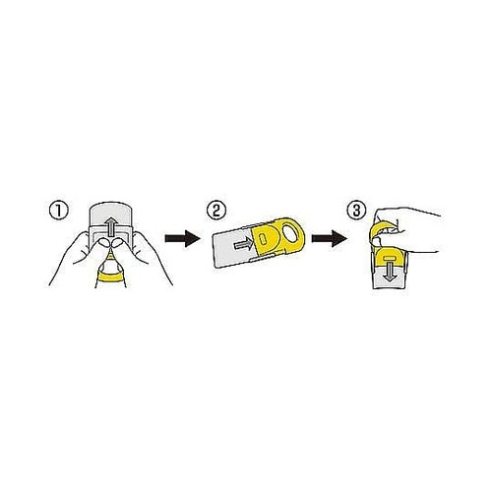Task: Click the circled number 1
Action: click(x=59, y=211)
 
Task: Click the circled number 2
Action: click(x=216, y=211)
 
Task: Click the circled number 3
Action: click(x=356, y=211)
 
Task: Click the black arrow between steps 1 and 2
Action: click(x=182, y=238)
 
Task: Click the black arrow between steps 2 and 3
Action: click(x=329, y=238)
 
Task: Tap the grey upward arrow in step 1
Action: click(x=112, y=226)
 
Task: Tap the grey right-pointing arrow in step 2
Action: click(x=243, y=244)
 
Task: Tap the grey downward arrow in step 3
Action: click(x=390, y=271)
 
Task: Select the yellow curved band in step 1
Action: click(x=111, y=277)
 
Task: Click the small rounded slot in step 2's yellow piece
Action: click(x=262, y=239)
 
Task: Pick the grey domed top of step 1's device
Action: click(x=111, y=214)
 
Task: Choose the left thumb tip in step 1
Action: click(x=105, y=243)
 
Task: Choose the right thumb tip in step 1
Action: click(x=117, y=243)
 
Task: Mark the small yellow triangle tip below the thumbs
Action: click(x=111, y=256)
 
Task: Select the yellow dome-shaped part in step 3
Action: click(x=390, y=257)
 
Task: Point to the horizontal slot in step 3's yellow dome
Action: click(x=390, y=257)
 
